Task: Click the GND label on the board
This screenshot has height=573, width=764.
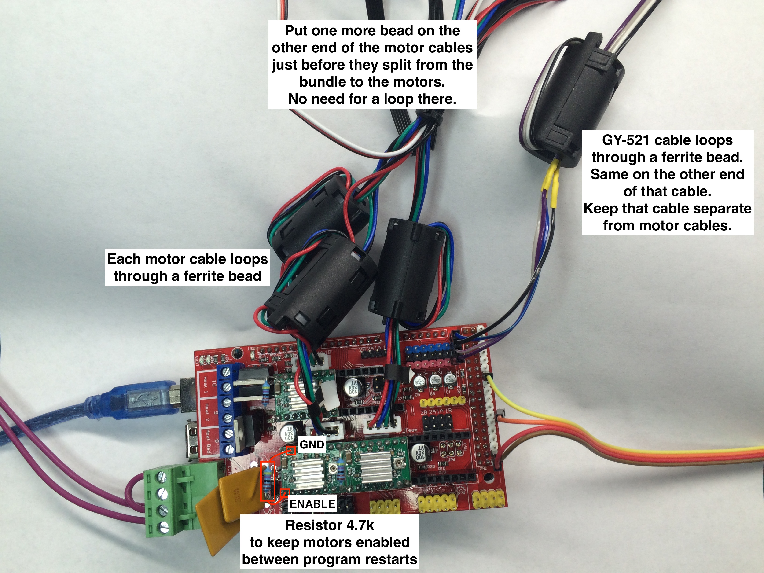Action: pos(312,444)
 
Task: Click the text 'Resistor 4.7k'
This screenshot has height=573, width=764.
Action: pos(330,525)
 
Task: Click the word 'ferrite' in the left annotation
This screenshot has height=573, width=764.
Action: pos(206,276)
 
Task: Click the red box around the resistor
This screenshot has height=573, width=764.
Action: pos(267,481)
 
